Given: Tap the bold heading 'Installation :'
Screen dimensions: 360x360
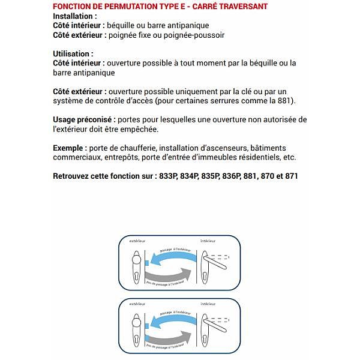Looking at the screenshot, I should [x=74, y=16].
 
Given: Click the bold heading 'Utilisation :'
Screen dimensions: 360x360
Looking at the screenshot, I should [x=73, y=54].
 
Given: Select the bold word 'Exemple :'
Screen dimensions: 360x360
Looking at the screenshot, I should [x=70, y=148].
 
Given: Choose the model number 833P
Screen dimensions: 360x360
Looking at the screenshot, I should [x=163, y=176].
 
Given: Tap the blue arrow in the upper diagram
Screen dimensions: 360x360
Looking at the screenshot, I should [x=174, y=257].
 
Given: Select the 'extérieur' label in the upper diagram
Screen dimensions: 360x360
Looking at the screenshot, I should [x=138, y=240].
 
